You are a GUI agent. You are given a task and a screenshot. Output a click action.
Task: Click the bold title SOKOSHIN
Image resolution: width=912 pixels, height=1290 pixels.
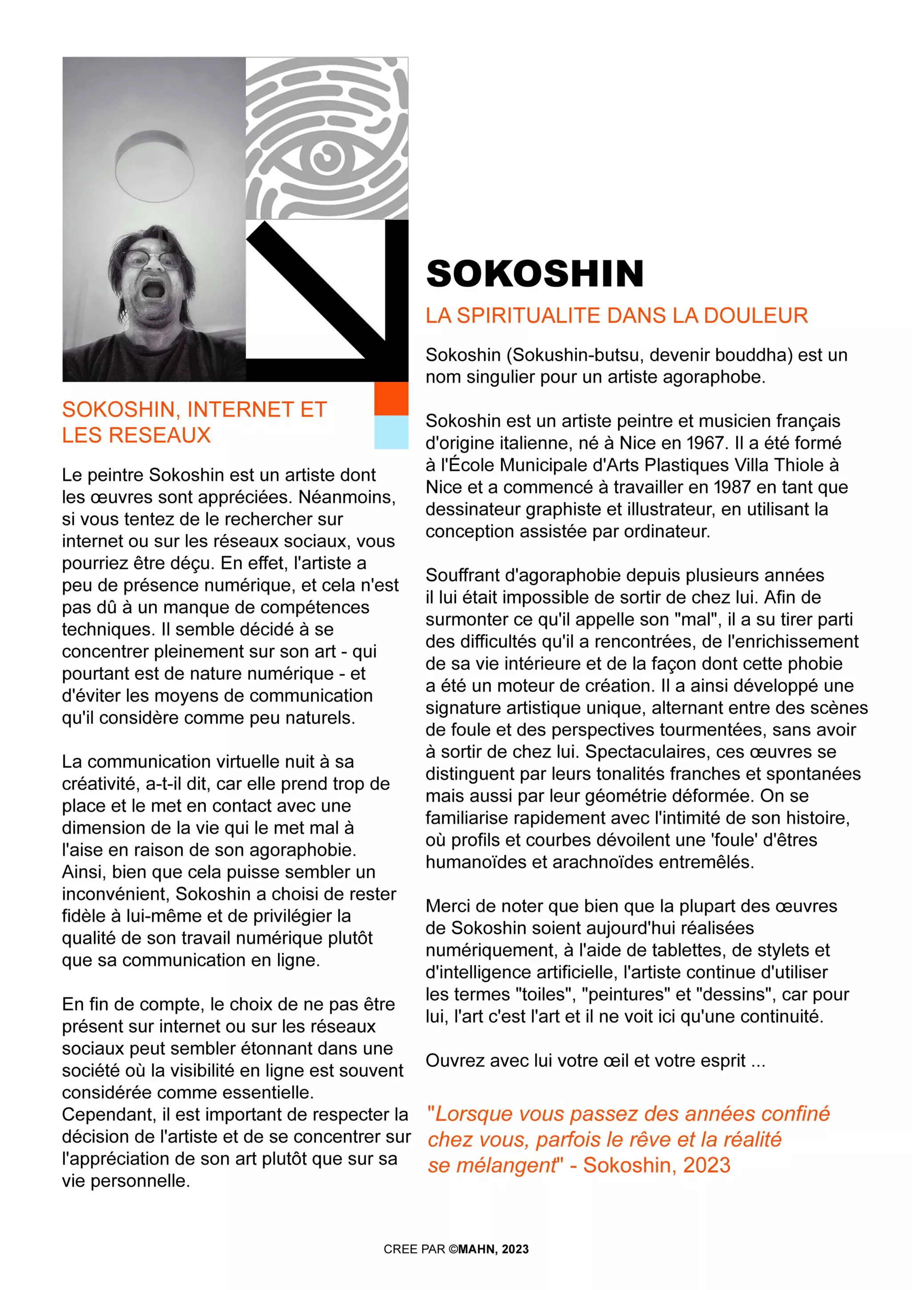click(x=534, y=274)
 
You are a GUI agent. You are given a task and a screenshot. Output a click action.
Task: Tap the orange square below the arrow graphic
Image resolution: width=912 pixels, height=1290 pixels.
click(x=391, y=398)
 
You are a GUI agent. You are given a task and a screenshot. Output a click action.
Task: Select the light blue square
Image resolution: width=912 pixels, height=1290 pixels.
click(x=391, y=432)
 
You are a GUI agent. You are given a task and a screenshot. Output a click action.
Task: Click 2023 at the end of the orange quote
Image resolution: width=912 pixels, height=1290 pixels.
click(x=706, y=1165)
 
